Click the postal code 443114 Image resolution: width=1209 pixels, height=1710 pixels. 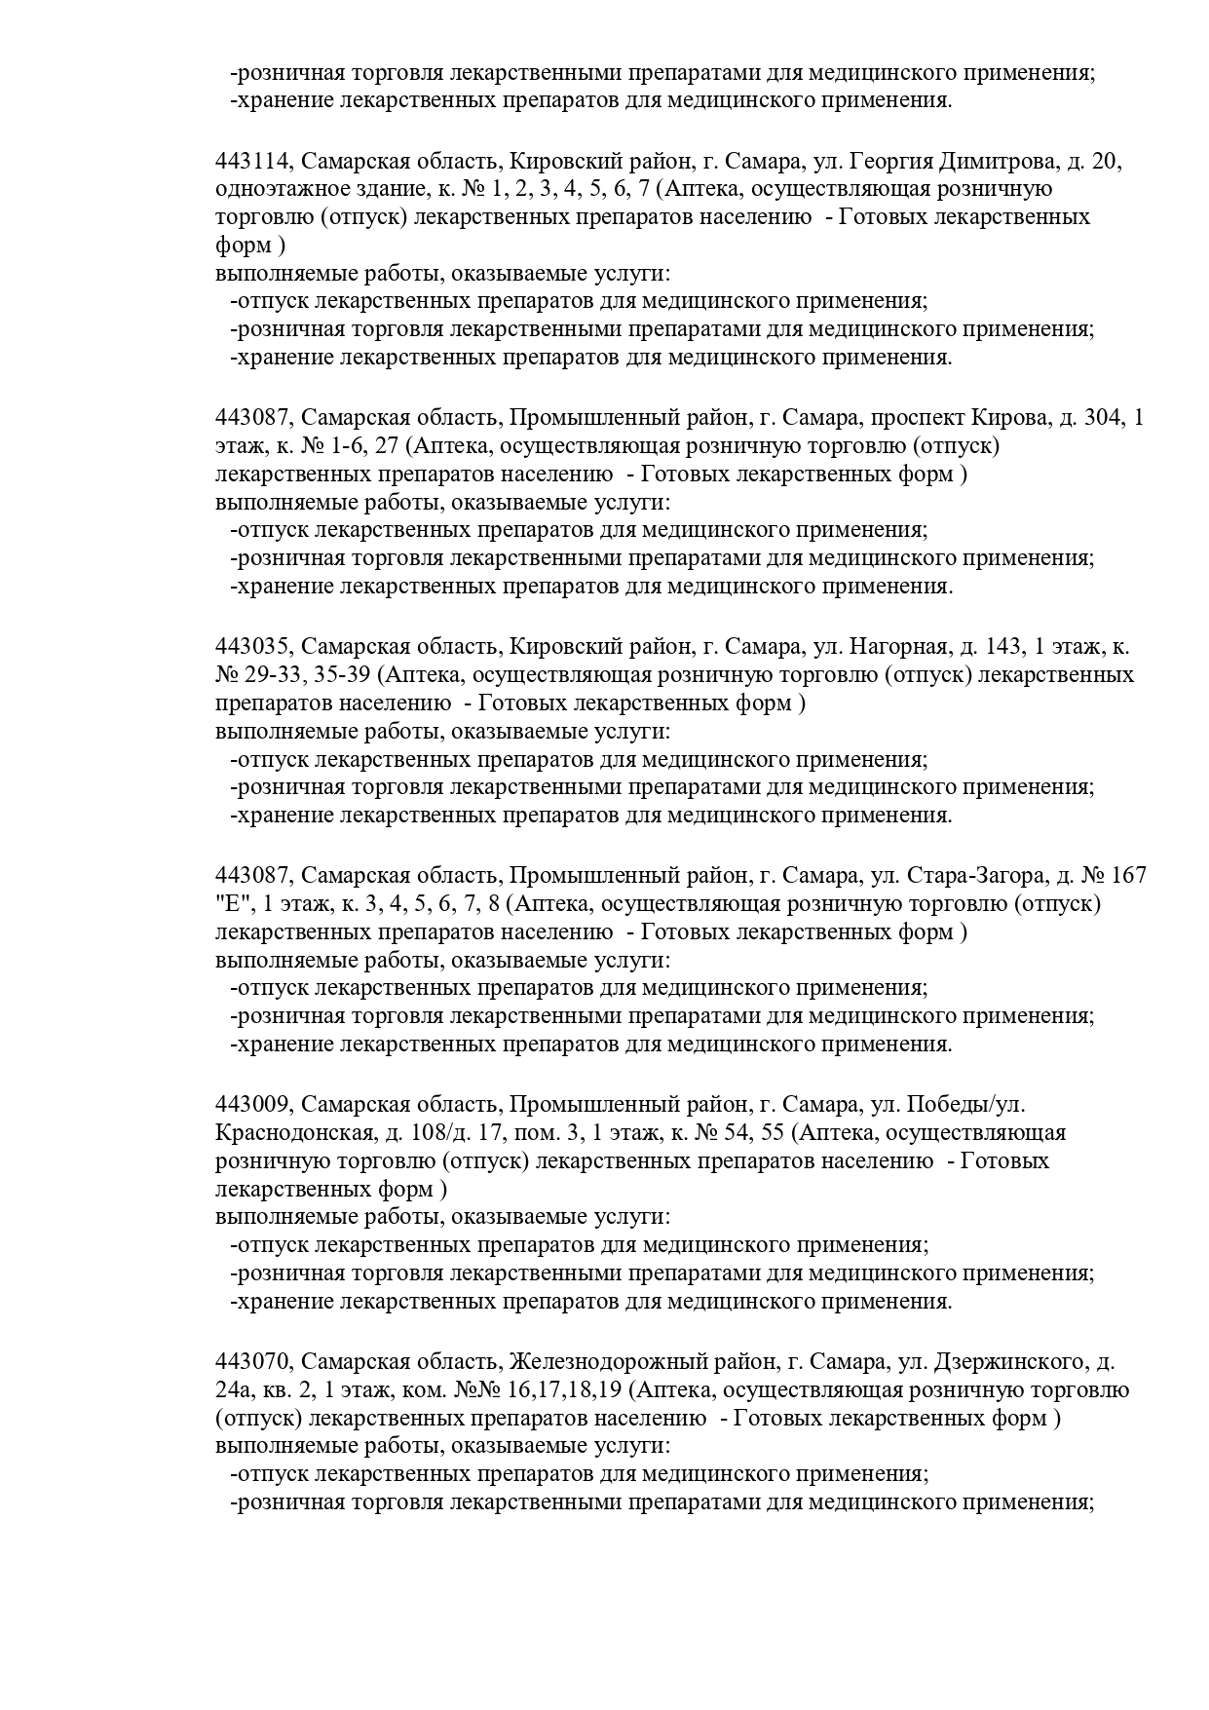tap(253, 161)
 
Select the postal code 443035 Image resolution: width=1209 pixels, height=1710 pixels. tap(253, 647)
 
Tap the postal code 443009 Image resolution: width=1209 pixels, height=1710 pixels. tap(253, 1105)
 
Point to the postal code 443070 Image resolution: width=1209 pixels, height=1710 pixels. tap(253, 1362)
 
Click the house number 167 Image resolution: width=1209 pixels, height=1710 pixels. tap(1127, 876)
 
